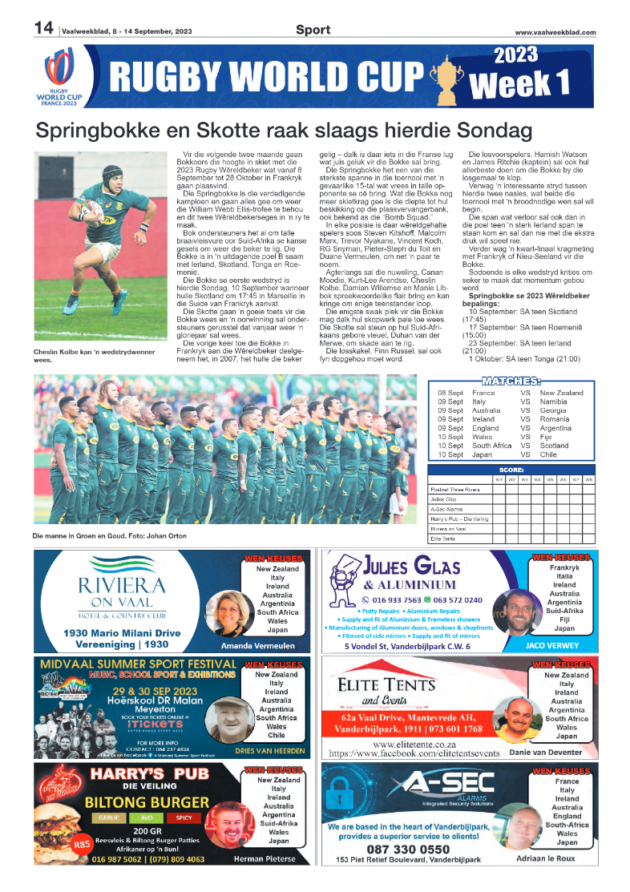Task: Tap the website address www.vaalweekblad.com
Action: [x=555, y=32]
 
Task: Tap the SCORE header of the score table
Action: [x=511, y=470]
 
